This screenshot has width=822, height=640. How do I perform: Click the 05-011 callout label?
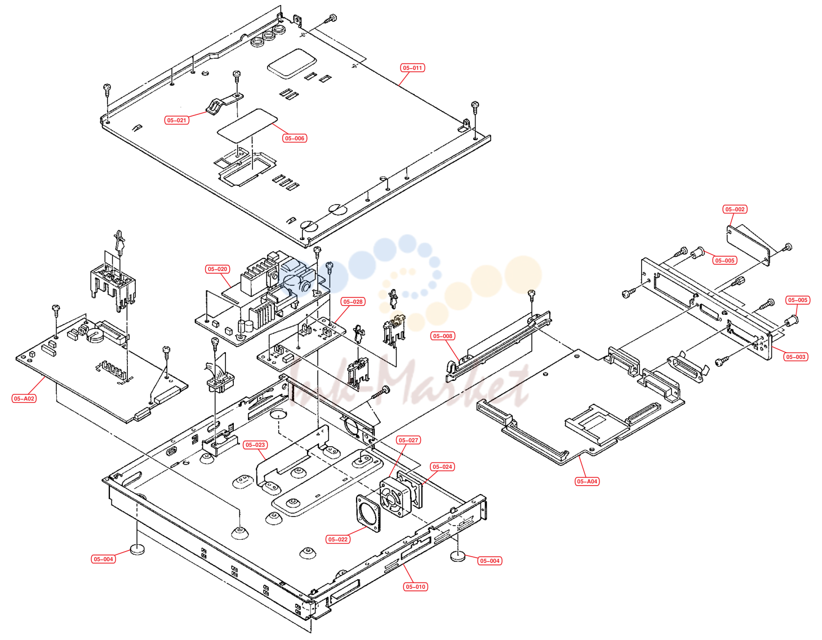click(x=412, y=68)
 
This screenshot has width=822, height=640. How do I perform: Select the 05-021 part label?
click(x=177, y=121)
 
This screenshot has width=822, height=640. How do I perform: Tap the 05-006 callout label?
click(x=294, y=139)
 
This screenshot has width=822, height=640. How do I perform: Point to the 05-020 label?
click(x=217, y=269)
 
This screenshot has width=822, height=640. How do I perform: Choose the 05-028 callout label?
click(x=353, y=302)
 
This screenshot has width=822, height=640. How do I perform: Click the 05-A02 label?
click(x=24, y=399)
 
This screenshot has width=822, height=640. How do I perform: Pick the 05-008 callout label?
click(x=442, y=336)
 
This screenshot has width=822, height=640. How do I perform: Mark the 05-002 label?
click(x=735, y=210)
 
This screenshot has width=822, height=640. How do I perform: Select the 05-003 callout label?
click(x=796, y=357)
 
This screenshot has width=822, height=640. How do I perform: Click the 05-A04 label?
click(x=586, y=482)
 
